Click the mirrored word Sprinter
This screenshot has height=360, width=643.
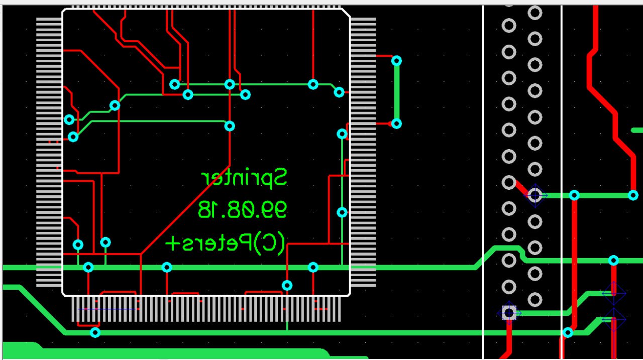click(244, 178)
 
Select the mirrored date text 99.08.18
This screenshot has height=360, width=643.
click(242, 209)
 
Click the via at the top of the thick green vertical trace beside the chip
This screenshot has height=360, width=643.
click(396, 61)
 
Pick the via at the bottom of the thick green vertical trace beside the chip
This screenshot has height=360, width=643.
click(396, 124)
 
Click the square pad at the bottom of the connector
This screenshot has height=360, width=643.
click(509, 313)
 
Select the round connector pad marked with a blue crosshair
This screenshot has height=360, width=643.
click(535, 195)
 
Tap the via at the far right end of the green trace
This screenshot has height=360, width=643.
click(633, 195)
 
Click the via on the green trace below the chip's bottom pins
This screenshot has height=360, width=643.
click(95, 332)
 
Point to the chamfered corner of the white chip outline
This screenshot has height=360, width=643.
click(346, 13)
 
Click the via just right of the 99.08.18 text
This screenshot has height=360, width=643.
click(342, 212)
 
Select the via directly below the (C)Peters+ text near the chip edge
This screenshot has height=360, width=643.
click(287, 285)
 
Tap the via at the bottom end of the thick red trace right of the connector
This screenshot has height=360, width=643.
click(568, 332)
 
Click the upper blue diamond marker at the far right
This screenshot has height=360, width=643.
click(613, 293)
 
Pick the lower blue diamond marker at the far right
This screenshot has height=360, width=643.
click(613, 319)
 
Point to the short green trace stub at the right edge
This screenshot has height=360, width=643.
click(636, 130)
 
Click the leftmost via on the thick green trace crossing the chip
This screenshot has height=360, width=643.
click(88, 267)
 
